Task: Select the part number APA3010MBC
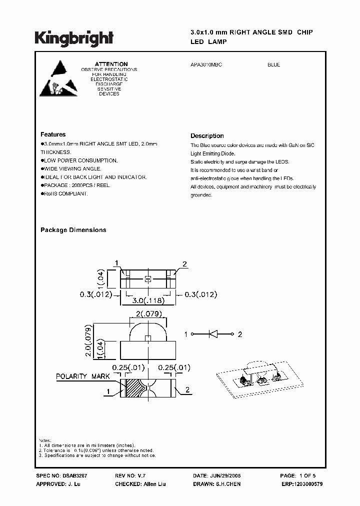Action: click(207, 65)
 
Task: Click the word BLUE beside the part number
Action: click(273, 65)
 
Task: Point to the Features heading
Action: click(53, 134)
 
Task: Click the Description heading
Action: click(207, 136)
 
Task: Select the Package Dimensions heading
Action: click(73, 230)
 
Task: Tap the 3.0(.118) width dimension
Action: click(147, 301)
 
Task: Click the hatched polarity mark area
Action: click(134, 388)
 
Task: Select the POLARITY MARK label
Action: click(78, 376)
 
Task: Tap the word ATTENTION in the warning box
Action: click(111, 64)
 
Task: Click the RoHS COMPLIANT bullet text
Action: click(65, 193)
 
